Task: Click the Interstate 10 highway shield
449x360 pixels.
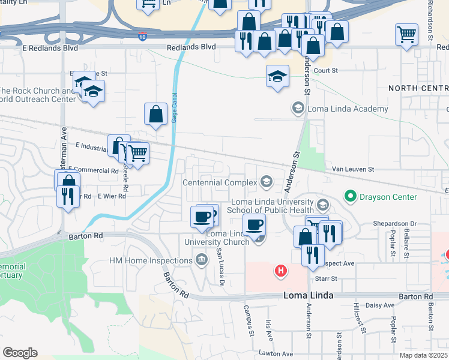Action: pyautogui.click(x=142, y=36)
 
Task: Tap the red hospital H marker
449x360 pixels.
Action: pyautogui.click(x=280, y=271)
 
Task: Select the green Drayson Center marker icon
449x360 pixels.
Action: pyautogui.click(x=349, y=196)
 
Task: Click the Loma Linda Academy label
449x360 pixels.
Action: pyautogui.click(x=348, y=109)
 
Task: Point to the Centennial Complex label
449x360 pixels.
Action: pyautogui.click(x=220, y=182)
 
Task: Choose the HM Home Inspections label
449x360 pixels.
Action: pyautogui.click(x=151, y=260)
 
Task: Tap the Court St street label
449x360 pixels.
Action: pyautogui.click(x=327, y=70)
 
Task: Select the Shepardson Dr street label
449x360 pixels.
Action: pyautogui.click(x=396, y=224)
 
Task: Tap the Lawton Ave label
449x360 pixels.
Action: pyautogui.click(x=276, y=354)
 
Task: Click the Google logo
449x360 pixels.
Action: pyautogui.click(x=20, y=353)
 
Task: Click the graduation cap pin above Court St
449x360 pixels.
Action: pyautogui.click(x=277, y=76)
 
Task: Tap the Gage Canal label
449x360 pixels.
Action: pyautogui.click(x=175, y=109)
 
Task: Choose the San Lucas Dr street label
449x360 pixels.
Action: pyautogui.click(x=220, y=266)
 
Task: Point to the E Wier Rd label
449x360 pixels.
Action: pyautogui.click(x=110, y=196)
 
